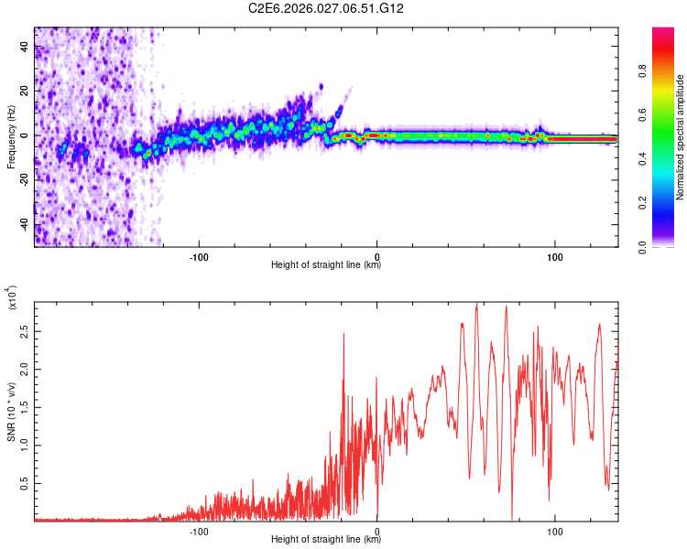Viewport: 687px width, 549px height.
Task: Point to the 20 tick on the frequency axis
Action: (24, 91)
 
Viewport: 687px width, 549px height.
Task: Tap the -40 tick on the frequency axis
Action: (24, 225)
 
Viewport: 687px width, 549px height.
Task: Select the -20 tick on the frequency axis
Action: (24, 181)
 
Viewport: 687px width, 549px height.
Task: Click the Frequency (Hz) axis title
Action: (11, 137)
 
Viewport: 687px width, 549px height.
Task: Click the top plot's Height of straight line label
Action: (326, 265)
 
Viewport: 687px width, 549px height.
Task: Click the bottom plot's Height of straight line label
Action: (326, 539)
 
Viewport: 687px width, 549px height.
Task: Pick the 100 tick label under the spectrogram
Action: (555, 257)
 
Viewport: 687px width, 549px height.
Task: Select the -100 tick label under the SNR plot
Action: (198, 531)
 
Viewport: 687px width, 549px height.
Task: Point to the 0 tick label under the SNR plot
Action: (376, 531)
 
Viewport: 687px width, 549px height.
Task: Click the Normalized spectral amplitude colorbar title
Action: (681, 137)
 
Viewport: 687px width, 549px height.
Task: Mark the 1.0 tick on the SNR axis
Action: (24, 444)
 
